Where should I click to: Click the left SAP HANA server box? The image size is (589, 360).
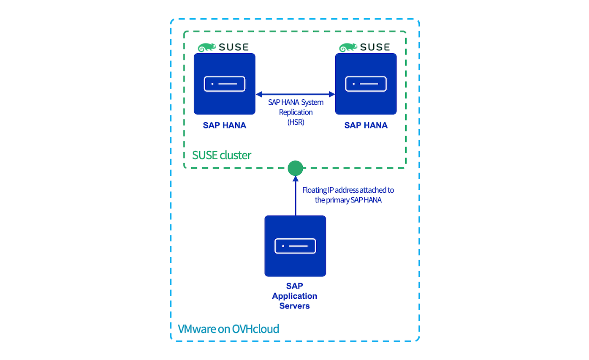(x=224, y=84)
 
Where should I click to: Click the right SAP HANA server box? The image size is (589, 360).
(x=366, y=84)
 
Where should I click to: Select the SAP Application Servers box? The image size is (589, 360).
(x=295, y=246)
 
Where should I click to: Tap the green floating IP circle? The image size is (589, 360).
(x=295, y=168)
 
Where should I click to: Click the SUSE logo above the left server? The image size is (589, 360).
(x=223, y=47)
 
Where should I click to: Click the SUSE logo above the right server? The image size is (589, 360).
(x=365, y=47)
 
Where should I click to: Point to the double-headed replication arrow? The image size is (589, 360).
(x=295, y=94)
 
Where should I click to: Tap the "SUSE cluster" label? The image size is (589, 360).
(x=222, y=155)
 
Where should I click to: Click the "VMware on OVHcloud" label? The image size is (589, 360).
(x=228, y=329)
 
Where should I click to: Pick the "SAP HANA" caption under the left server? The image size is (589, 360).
(x=224, y=125)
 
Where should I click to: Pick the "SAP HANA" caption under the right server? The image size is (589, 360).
(x=366, y=125)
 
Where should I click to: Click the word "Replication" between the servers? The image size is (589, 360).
(x=296, y=112)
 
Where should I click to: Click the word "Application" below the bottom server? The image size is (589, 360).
(x=294, y=296)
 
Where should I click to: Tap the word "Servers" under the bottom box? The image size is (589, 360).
(x=294, y=305)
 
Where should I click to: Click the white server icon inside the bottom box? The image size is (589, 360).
(x=295, y=246)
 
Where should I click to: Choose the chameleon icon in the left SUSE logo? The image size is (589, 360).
(x=206, y=47)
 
